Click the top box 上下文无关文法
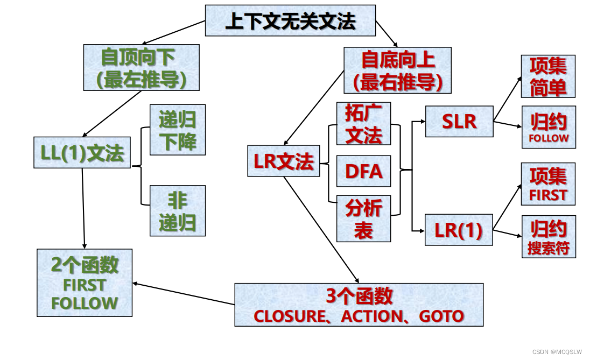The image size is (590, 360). (290, 21)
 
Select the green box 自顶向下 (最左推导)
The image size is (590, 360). (142, 67)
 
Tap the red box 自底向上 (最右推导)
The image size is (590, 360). (397, 70)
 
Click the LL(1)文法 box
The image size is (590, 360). (82, 153)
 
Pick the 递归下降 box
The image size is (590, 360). (177, 130)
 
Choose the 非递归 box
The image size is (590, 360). (177, 210)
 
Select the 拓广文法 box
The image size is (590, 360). (363, 124)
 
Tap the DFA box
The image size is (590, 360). (363, 172)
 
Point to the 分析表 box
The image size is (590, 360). (363, 218)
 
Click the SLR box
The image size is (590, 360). (459, 122)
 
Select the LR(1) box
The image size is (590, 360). (459, 231)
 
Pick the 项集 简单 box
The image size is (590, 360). (548, 76)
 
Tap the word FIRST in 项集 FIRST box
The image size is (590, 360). (548, 195)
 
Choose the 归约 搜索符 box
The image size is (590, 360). (548, 237)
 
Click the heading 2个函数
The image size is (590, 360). (85, 265)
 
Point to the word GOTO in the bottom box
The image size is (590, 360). (441, 316)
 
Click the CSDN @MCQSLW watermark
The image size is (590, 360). (557, 351)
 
